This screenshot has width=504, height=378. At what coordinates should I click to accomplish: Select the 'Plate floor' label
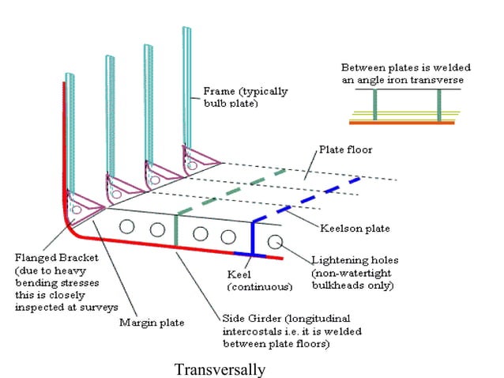click(x=344, y=149)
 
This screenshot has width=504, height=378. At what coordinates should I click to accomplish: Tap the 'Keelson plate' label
click(x=355, y=229)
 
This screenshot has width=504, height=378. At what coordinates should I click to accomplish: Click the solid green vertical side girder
click(x=175, y=232)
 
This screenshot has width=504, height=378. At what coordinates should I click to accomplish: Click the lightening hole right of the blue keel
click(x=273, y=240)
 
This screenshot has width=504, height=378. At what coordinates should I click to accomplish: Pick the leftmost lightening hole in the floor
click(x=125, y=228)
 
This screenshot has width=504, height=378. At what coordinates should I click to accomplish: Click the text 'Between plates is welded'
click(x=401, y=67)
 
